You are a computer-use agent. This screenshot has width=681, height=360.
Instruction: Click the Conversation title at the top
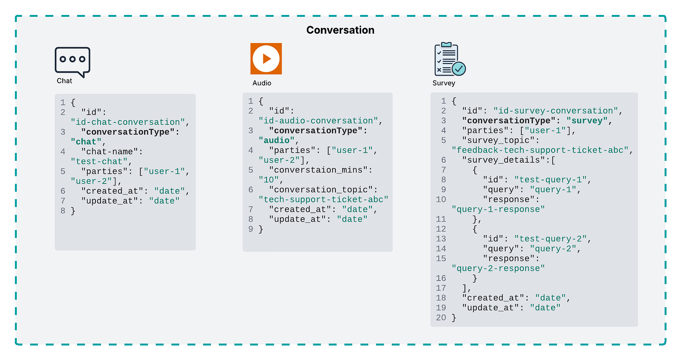point(340,30)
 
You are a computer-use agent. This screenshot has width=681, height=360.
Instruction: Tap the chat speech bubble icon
point(72,61)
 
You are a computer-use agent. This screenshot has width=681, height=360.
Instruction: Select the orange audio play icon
point(266,58)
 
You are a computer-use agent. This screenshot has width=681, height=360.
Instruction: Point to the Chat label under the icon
point(65,81)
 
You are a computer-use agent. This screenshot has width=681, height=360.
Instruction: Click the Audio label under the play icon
point(262,83)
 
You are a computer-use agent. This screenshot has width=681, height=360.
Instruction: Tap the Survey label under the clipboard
point(444,83)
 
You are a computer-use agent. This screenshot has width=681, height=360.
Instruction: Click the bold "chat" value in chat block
point(87,142)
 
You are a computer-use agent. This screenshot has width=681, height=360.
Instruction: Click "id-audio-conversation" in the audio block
point(319,121)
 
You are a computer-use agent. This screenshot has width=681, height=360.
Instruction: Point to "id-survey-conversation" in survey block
point(556,111)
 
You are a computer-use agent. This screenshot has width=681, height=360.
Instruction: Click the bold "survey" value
point(587,121)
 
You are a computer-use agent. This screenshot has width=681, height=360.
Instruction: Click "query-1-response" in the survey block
point(498,209)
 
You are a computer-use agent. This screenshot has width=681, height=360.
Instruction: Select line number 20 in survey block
point(441,318)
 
